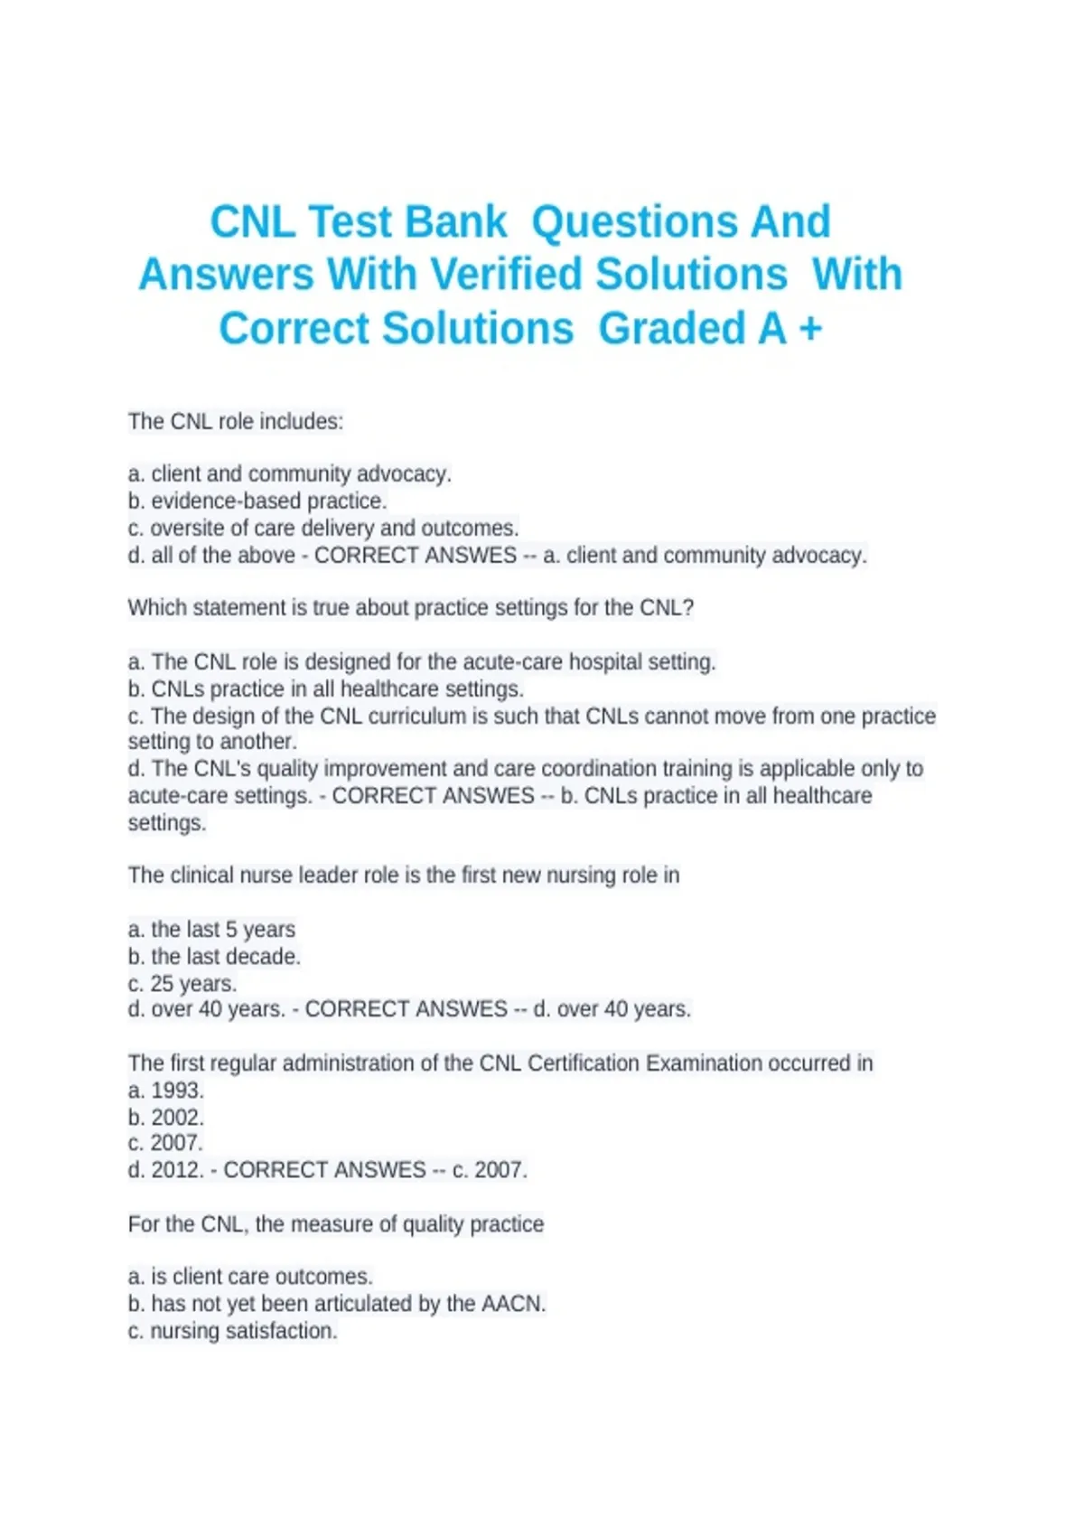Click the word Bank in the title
455,222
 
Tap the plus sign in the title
810,329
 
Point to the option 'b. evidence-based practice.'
257,501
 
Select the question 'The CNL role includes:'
236,421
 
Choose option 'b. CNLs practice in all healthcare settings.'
326,688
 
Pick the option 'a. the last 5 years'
211,929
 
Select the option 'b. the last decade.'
214,956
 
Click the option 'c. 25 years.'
182,983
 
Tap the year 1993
177,1090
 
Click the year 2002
177,1117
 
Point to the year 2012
177,1170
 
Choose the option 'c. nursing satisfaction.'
233,1331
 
